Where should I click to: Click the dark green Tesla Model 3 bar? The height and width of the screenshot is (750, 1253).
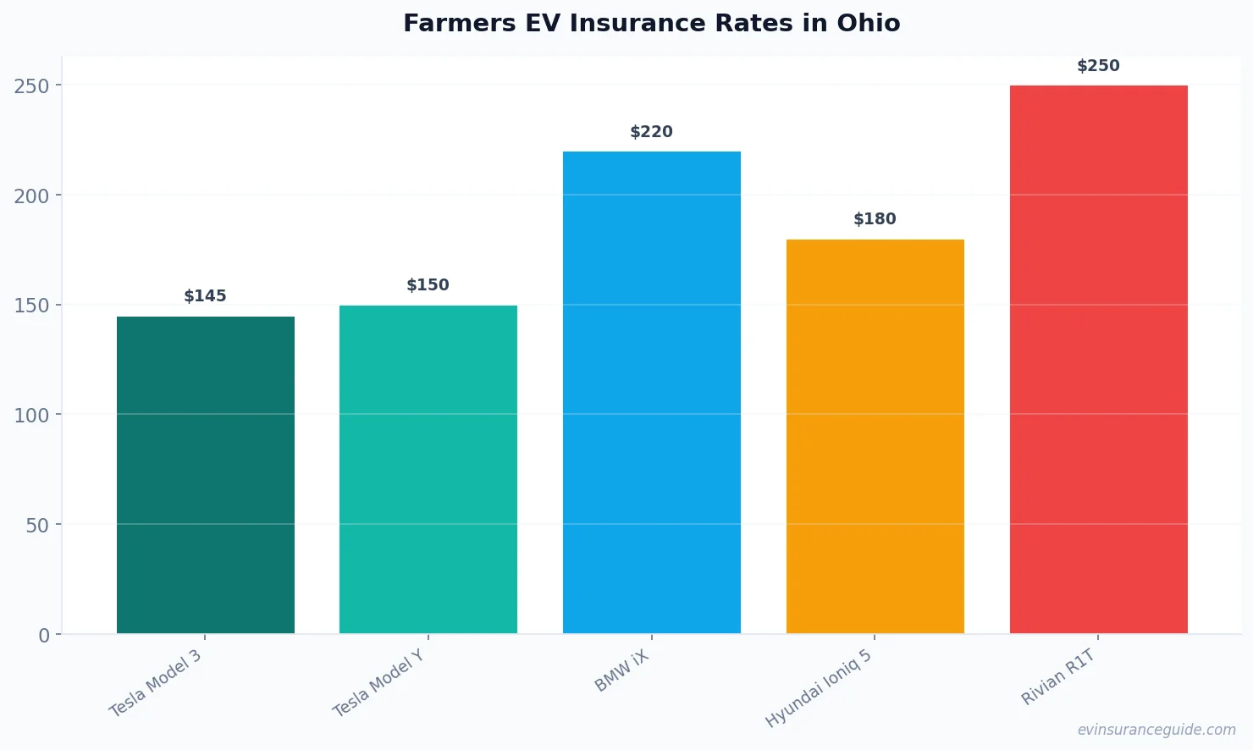206,475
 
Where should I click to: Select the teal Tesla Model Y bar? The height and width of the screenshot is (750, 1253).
428,469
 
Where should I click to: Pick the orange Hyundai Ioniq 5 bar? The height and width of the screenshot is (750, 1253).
875,436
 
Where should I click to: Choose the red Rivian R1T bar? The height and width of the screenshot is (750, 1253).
1098,359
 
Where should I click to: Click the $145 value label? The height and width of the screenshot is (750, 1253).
206,296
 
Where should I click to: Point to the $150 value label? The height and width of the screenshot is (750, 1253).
428,285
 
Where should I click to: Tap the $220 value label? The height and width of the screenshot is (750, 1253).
652,132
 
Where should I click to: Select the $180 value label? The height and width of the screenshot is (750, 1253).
875,219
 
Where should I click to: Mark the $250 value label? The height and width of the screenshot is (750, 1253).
1098,66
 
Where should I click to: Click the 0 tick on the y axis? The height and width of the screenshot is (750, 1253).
44,636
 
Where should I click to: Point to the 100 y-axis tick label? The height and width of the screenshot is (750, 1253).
32,416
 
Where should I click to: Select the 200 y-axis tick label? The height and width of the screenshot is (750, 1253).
32,196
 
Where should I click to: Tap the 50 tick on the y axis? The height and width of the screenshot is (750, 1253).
37,526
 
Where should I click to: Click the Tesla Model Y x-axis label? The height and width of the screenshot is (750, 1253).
378,684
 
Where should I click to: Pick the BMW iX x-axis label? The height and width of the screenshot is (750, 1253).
621,671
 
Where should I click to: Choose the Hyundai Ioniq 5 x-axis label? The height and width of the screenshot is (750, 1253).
818,688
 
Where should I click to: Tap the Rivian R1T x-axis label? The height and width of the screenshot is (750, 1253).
1058,677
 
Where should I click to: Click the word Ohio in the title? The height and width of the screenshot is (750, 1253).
869,23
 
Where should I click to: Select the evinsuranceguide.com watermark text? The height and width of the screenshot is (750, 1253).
1156,730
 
